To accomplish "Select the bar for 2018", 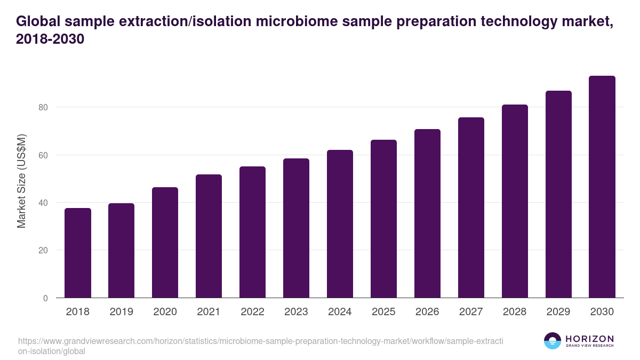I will pos(78,253).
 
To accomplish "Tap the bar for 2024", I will pos(340,224).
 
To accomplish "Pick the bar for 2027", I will pos(471,207).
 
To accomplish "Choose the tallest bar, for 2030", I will pos(602,187).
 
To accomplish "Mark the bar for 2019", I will pos(122,251).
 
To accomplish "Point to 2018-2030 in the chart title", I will pos(51,39).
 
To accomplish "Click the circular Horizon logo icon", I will pos(552,341).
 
